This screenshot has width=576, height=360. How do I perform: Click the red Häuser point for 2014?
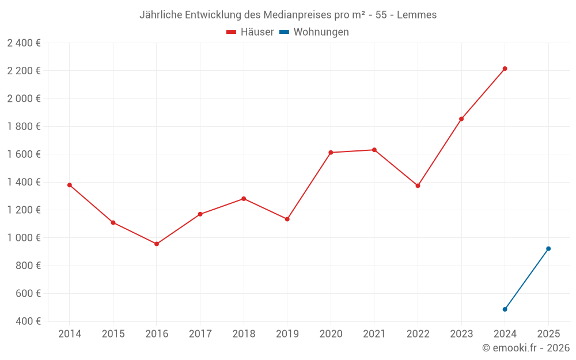(70, 185)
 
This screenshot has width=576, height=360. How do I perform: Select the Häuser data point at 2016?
(157, 244)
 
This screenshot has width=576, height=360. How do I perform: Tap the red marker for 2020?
(331, 153)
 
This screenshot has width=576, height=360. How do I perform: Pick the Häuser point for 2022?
(418, 185)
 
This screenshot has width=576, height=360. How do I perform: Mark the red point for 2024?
(505, 69)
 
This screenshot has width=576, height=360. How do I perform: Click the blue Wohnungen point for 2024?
(505, 309)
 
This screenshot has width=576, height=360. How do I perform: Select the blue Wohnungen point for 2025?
(548, 249)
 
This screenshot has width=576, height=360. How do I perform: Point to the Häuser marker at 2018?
(244, 199)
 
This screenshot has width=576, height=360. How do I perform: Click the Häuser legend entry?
(250, 32)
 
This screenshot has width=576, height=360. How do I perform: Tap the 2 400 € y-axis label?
(24, 43)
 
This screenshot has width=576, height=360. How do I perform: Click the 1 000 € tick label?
(24, 238)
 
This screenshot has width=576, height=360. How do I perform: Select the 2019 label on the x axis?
(287, 334)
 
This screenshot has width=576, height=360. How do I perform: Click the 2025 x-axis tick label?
(548, 334)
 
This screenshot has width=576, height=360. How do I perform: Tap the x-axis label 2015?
(113, 334)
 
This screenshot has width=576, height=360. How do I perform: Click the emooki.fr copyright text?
(525, 348)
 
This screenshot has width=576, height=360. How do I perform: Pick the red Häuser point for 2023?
(461, 119)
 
